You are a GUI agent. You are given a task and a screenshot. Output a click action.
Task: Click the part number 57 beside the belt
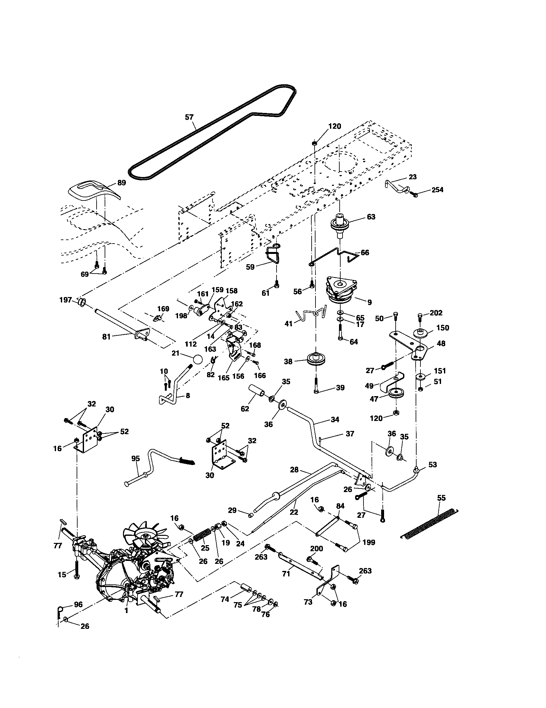[189, 117]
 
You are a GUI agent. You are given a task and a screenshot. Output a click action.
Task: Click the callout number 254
[438, 190]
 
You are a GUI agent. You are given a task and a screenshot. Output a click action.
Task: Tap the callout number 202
[436, 313]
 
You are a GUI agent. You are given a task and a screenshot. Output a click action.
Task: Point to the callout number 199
[369, 542]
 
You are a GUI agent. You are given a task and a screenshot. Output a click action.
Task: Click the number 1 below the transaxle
[126, 610]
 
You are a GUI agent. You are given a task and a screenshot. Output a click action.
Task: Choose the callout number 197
[65, 300]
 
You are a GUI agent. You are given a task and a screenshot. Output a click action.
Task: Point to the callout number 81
[106, 337]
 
